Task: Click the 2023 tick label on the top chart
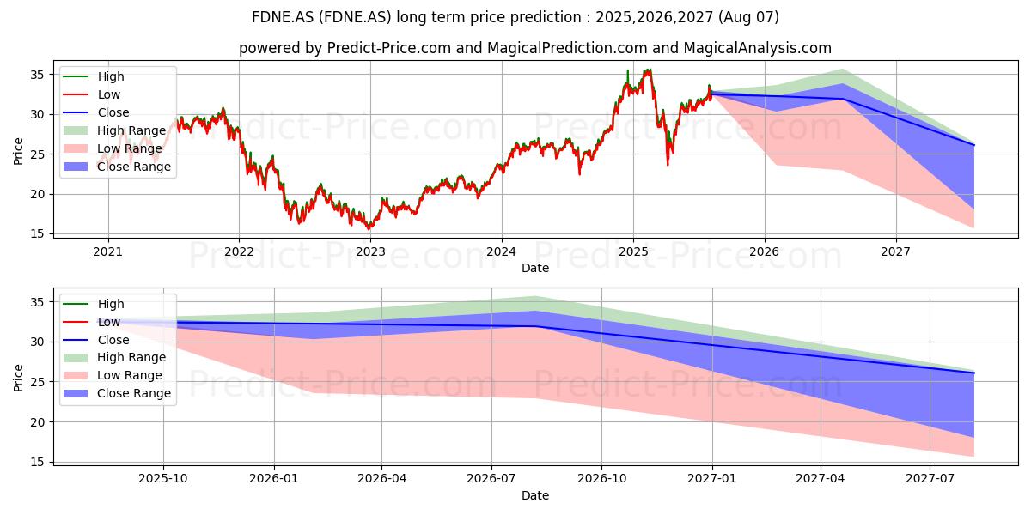coord(370,251)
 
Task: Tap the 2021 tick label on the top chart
coord(107,251)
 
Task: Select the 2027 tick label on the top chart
coord(895,251)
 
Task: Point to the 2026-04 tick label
coord(381,479)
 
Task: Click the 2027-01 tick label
coord(712,479)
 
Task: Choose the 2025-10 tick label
coord(163,479)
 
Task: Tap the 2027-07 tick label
coord(930,479)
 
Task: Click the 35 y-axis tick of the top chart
coord(37,75)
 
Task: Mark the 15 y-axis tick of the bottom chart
coord(37,462)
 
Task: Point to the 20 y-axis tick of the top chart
coord(37,195)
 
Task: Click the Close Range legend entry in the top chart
coord(117,167)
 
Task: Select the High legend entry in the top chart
coord(94,76)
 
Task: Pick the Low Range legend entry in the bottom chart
coord(113,375)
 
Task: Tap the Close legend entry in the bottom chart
coord(96,340)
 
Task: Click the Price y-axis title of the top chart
coord(18,151)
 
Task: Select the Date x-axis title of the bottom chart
coord(534,495)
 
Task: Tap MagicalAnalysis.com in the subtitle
coord(757,48)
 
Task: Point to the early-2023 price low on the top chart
coord(369,228)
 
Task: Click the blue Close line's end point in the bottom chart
coord(974,373)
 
